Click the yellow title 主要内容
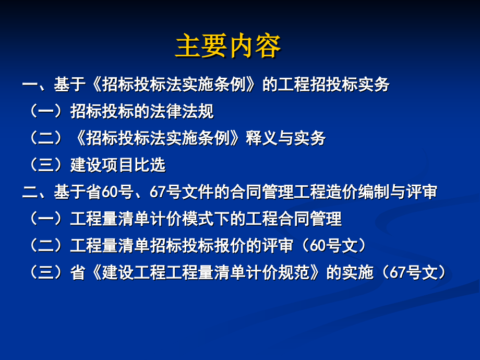pos(228,46)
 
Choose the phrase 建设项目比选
pos(118,165)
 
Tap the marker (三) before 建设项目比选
pos(46,165)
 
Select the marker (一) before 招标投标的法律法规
pos(46,111)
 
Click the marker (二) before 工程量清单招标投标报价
pos(46,245)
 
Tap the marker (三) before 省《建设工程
pos(46,272)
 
